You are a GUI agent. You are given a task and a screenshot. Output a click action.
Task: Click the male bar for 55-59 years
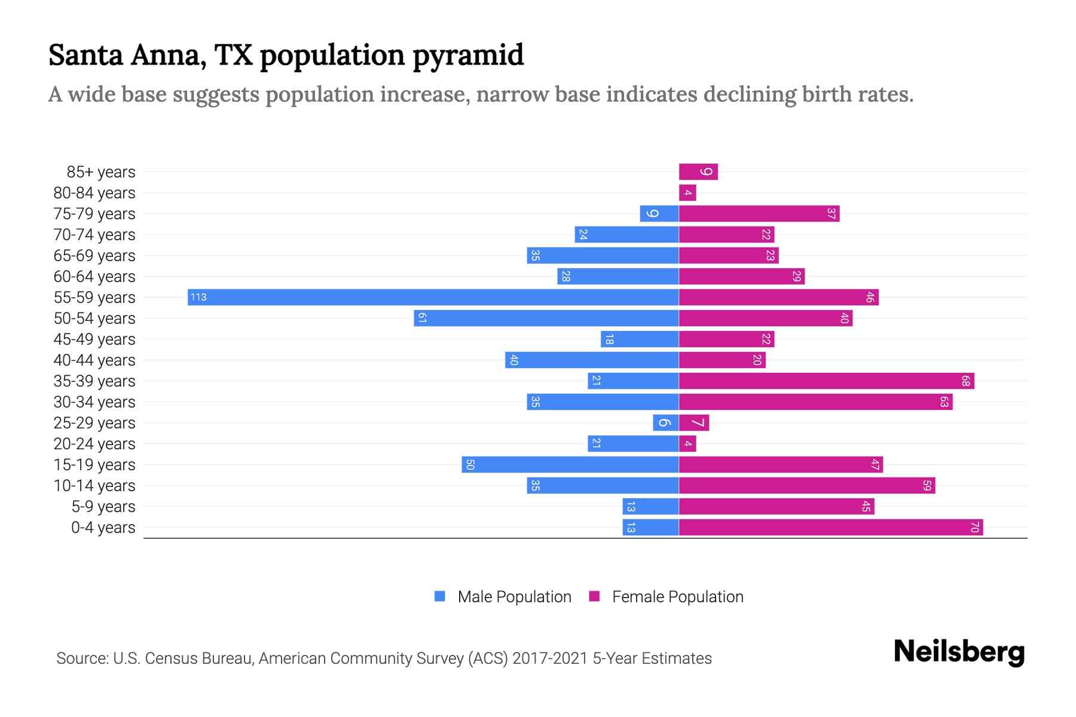tap(433, 298)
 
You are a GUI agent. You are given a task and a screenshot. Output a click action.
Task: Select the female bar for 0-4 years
tap(831, 528)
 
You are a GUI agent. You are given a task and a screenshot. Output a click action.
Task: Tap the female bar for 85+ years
tap(698, 172)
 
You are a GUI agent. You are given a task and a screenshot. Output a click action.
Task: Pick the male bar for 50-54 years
tap(546, 318)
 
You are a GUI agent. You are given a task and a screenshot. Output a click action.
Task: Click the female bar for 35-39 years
tap(826, 381)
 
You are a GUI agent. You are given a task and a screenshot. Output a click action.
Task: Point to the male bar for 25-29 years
tap(665, 423)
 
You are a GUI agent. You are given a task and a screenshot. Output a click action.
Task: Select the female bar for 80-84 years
tap(687, 193)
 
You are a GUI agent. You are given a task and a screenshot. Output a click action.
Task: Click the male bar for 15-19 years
tap(570, 465)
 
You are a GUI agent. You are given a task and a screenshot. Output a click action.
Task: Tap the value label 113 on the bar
tap(198, 298)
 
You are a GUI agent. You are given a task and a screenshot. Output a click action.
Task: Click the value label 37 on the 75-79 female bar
tap(831, 214)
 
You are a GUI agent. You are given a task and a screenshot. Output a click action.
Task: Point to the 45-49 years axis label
tap(94, 339)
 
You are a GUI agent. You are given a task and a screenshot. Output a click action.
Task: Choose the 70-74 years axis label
tap(94, 235)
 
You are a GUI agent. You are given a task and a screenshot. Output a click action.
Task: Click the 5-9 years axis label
tap(103, 507)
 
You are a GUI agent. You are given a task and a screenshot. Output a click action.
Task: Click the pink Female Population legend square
tap(594, 596)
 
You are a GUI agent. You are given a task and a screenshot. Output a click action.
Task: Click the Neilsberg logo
tap(959, 652)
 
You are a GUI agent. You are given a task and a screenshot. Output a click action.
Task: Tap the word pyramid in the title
tap(468, 55)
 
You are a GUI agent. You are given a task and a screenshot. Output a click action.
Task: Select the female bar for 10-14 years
tap(807, 486)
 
